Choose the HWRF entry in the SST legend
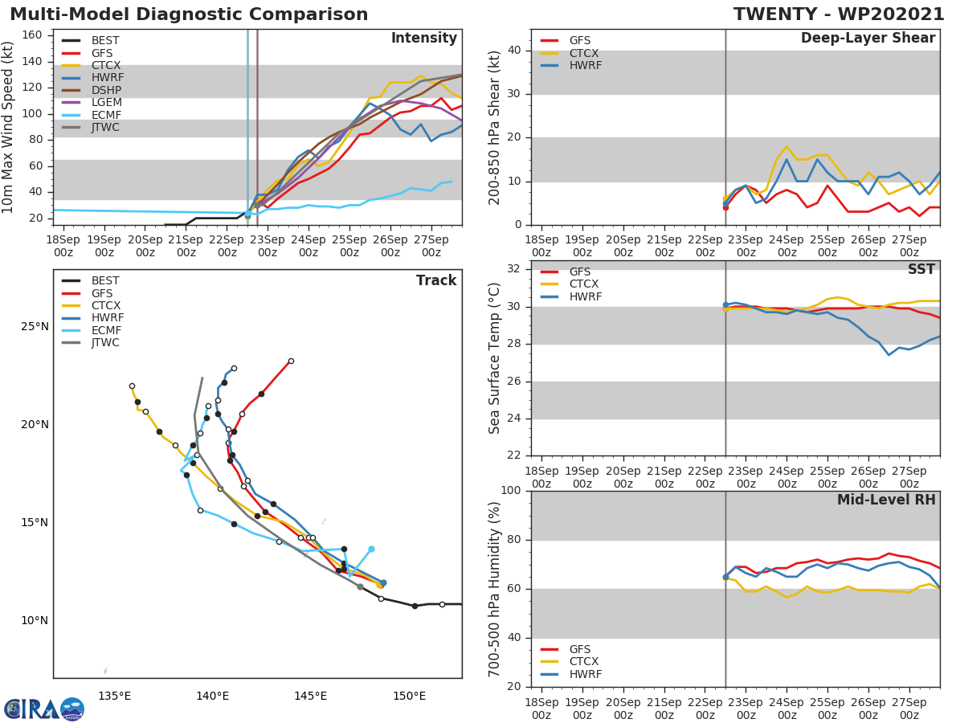pos(585,296)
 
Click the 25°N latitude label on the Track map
pos(35,326)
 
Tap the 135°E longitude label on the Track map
pos(115,696)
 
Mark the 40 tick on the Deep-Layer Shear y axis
pos(516,51)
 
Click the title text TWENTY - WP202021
pos(839,14)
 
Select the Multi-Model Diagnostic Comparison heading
pos(189,14)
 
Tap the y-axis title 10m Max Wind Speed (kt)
pos(9,127)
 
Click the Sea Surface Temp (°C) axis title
pos(496,358)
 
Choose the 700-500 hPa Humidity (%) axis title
pos(496,589)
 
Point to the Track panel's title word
pos(436,280)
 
